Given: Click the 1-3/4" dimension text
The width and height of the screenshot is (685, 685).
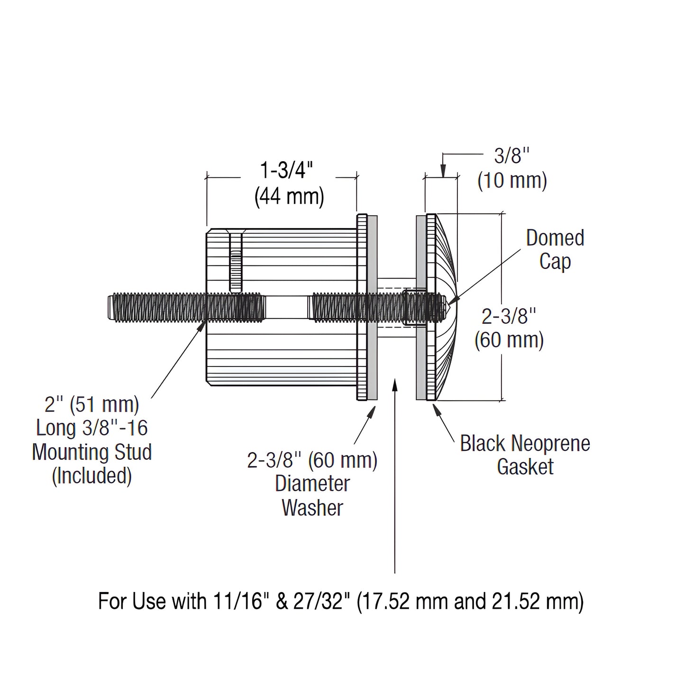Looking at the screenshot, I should [x=288, y=170].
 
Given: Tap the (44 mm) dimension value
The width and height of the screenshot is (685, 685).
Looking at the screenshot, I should [x=289, y=196].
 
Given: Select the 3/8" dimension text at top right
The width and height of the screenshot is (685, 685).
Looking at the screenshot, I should [x=512, y=156].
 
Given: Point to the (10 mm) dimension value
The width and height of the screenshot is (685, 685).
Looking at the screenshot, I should [x=512, y=181].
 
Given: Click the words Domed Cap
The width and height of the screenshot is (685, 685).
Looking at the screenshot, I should [x=555, y=249].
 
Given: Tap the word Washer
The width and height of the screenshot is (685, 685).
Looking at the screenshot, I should [x=312, y=507].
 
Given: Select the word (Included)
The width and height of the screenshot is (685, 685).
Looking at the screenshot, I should [x=91, y=475].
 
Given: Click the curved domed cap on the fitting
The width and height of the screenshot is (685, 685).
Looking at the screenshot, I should [x=446, y=308].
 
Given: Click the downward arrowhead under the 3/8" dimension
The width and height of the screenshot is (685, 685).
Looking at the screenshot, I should [x=443, y=172].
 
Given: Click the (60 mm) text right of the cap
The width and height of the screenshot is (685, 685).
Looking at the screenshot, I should [x=509, y=340].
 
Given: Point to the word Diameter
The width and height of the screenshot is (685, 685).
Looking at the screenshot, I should [x=312, y=484].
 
